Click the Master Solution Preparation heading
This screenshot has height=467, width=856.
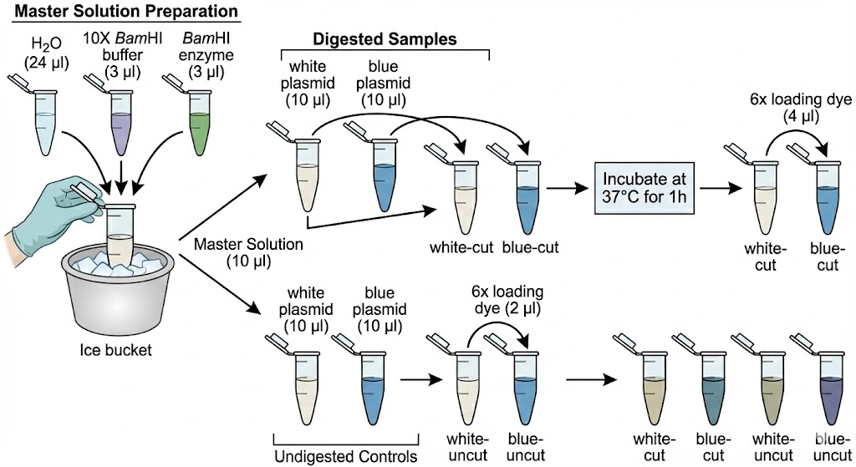[x=120, y=12]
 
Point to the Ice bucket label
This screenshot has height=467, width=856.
[x=118, y=350]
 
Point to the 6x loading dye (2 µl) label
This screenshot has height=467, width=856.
[x=507, y=302]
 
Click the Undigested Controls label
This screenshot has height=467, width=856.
[x=347, y=456]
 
